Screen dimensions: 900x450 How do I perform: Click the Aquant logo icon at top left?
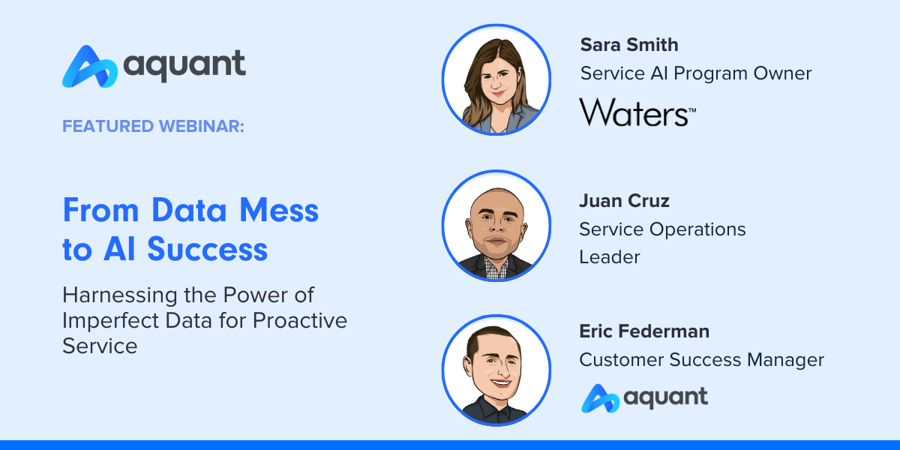[x=89, y=66]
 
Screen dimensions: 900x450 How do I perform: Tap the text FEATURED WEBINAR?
[x=153, y=126]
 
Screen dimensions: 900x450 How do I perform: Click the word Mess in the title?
[x=279, y=210]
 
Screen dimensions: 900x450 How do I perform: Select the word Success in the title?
[x=207, y=249]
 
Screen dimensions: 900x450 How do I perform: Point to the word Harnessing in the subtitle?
[x=120, y=295]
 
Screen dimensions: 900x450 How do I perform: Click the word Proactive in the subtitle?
[x=300, y=320]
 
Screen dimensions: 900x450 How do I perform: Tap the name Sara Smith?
[x=628, y=44]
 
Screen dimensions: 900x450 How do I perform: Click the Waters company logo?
[x=637, y=112]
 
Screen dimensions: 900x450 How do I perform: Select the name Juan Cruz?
[x=624, y=200]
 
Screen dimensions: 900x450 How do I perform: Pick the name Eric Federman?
[x=644, y=331]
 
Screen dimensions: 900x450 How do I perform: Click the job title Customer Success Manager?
[x=701, y=359]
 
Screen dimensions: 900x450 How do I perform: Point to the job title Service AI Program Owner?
[x=696, y=73]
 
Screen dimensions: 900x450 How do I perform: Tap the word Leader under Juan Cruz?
[x=610, y=257]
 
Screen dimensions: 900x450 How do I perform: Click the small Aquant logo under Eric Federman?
[x=644, y=398]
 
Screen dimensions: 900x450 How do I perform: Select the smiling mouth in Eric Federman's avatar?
[x=500, y=382]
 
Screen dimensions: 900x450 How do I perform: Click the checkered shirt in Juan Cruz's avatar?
[x=496, y=268]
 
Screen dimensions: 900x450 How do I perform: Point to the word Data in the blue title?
[x=189, y=210]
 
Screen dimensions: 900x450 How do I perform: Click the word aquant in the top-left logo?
[x=184, y=64]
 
